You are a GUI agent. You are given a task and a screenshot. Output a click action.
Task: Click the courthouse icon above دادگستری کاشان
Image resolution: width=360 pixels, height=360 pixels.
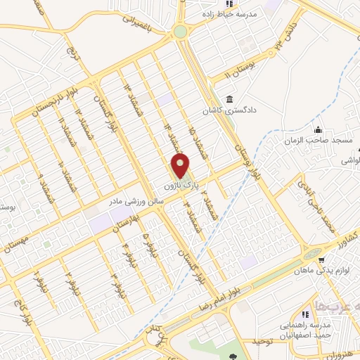pos(229,98)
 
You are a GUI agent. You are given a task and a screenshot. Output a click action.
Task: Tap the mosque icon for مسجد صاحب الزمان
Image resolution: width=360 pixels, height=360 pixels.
pos(318,129)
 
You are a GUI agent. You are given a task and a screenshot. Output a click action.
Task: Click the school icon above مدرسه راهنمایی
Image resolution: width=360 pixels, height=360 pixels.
pos(306,314)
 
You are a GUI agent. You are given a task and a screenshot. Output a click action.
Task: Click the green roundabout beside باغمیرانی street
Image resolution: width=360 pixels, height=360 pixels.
pos(181,31)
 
